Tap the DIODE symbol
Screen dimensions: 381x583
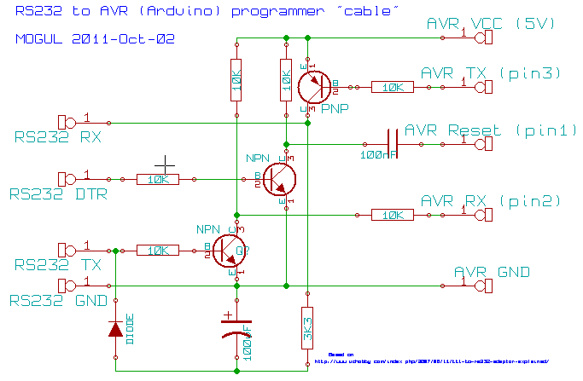pos(116,329)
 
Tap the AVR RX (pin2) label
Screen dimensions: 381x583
pos(490,202)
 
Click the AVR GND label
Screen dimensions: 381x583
pos(491,272)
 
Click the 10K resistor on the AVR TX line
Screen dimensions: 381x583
pos(393,87)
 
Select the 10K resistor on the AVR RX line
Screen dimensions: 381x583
pos(393,215)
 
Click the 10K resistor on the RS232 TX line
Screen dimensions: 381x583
pos(158,251)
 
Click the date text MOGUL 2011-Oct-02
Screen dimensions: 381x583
pos(96,39)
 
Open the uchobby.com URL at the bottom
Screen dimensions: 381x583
pos(431,361)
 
